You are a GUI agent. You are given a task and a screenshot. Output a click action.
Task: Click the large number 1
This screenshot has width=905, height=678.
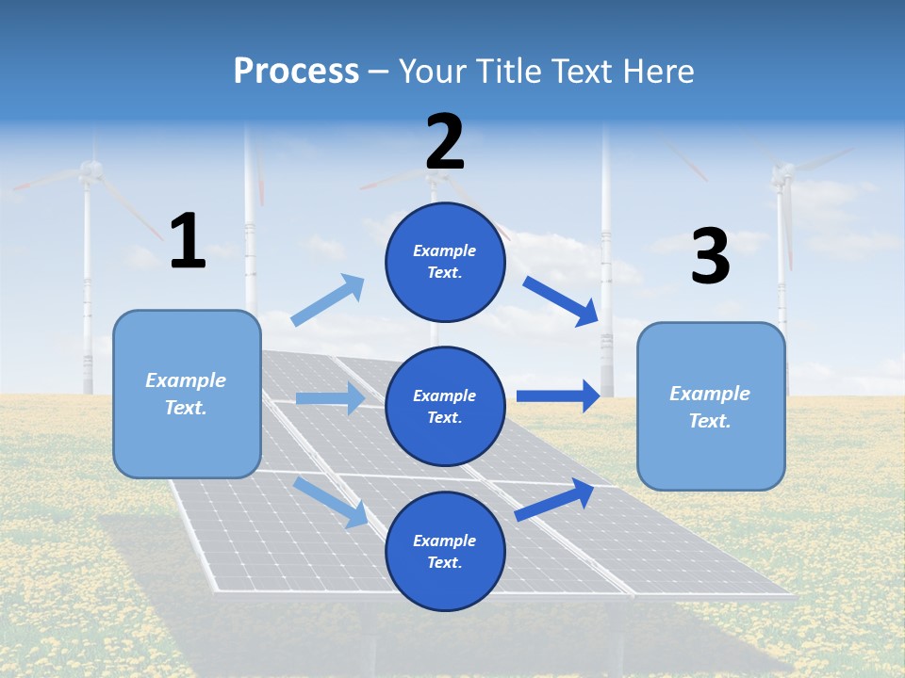[x=188, y=241]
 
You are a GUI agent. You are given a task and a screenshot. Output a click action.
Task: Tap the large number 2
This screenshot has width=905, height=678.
[x=445, y=142]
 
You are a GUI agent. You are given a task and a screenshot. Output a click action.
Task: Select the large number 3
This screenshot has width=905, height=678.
[x=710, y=256]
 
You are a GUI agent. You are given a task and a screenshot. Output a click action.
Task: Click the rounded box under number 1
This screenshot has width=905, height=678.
[x=187, y=394]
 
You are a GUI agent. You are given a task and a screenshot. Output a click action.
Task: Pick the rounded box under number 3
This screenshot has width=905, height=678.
[x=711, y=406]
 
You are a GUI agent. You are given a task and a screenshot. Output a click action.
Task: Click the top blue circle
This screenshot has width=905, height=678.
[x=445, y=262]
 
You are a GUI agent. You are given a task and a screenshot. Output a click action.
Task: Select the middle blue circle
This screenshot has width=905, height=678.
[x=445, y=406]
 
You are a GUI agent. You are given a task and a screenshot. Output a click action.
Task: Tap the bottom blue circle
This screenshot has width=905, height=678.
[x=445, y=551]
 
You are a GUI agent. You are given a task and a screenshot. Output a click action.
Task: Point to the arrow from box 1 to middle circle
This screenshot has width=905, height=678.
[x=330, y=398]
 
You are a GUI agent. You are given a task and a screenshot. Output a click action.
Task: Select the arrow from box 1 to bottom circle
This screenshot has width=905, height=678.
[x=331, y=502]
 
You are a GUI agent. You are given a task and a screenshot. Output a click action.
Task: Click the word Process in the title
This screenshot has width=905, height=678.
[x=296, y=71]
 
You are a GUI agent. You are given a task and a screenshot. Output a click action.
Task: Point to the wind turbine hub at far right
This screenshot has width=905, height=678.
[x=782, y=172]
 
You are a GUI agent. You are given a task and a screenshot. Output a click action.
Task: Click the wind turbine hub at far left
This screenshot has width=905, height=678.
[x=90, y=169]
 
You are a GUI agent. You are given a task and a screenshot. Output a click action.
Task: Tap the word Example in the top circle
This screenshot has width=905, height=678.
[x=445, y=250]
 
